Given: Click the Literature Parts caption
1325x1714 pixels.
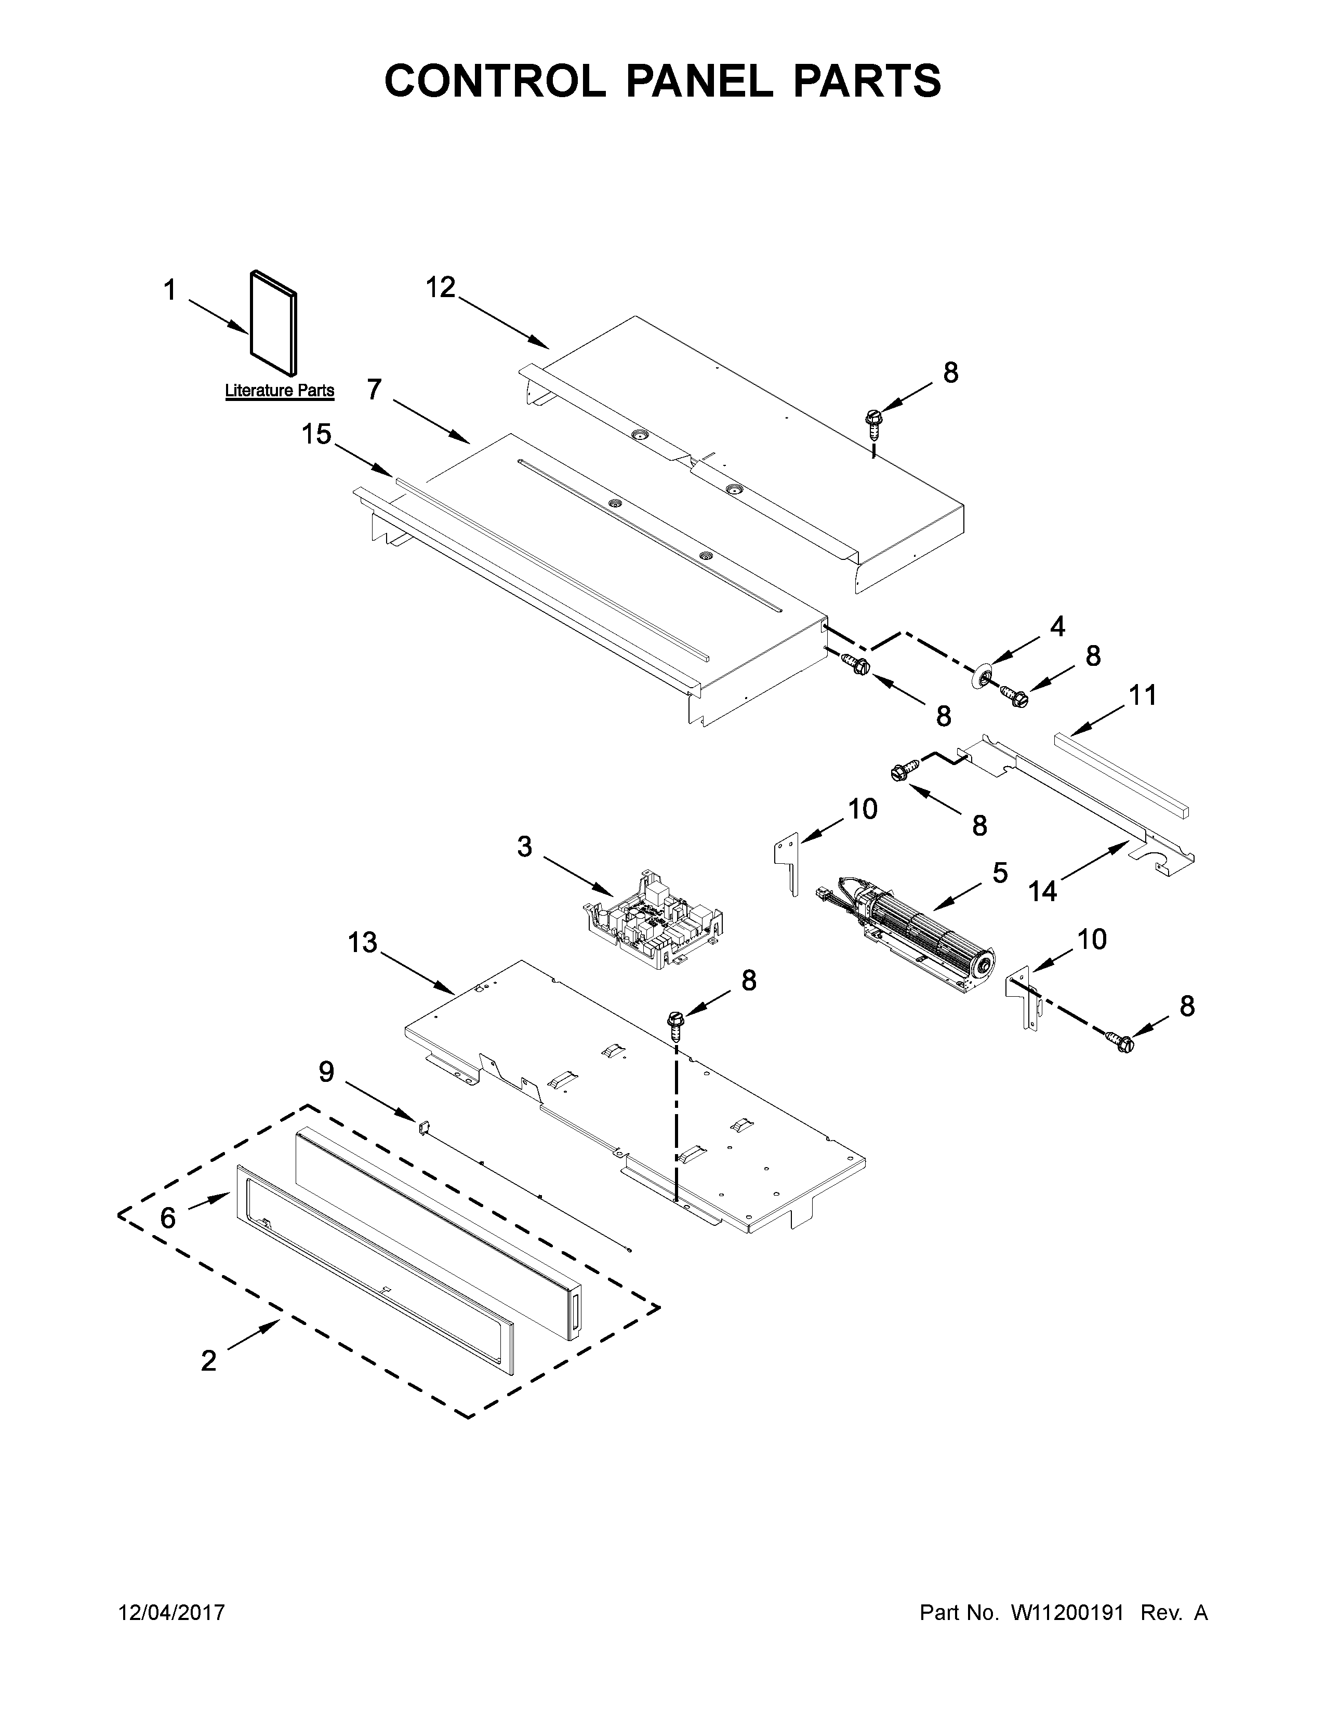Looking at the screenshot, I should coord(280,390).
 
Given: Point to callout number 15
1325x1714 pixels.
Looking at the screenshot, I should coord(316,434).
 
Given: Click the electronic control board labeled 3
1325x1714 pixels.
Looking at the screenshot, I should coord(653,920).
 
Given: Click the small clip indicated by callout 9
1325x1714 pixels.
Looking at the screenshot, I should coord(421,1128).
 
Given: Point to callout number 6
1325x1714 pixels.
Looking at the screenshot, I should coord(168,1217).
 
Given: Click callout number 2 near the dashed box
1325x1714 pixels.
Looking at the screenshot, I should coord(208,1360).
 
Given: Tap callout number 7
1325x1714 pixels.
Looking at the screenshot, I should coord(375,389).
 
